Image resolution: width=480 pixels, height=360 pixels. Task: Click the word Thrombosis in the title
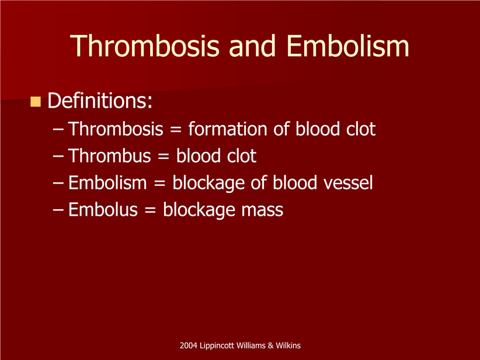[145, 46]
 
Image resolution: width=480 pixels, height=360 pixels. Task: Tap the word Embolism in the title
[348, 46]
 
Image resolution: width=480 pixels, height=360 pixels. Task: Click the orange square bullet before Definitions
[36, 102]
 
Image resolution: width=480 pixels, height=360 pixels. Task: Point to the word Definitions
[100, 101]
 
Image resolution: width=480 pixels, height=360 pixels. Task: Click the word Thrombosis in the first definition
[116, 129]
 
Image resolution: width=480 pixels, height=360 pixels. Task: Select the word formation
[228, 129]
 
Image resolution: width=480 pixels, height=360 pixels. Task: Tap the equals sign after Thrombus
[164, 156]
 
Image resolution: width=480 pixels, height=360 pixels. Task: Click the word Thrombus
[109, 155]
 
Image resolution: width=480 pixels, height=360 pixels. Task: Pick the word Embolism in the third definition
[107, 182]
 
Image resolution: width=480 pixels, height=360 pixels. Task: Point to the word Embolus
[103, 210]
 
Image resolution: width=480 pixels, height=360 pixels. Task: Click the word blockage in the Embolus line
[199, 210]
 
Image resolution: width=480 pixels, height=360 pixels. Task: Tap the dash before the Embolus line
[58, 210]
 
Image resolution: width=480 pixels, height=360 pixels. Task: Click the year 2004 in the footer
[188, 345]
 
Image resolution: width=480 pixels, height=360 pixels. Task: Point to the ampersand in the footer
[270, 345]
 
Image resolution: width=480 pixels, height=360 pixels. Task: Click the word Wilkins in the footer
[288, 345]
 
